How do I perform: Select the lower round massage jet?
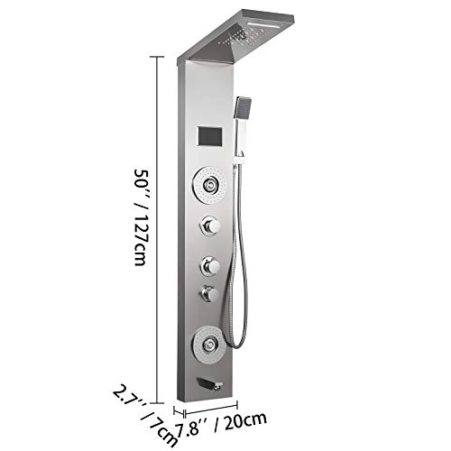pos(209,345)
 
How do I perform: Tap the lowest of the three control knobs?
pos(210,293)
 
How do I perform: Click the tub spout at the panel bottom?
pos(209,383)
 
